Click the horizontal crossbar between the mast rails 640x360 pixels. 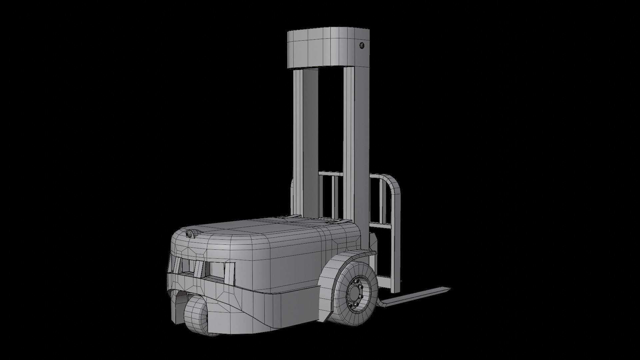point(330,173)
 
